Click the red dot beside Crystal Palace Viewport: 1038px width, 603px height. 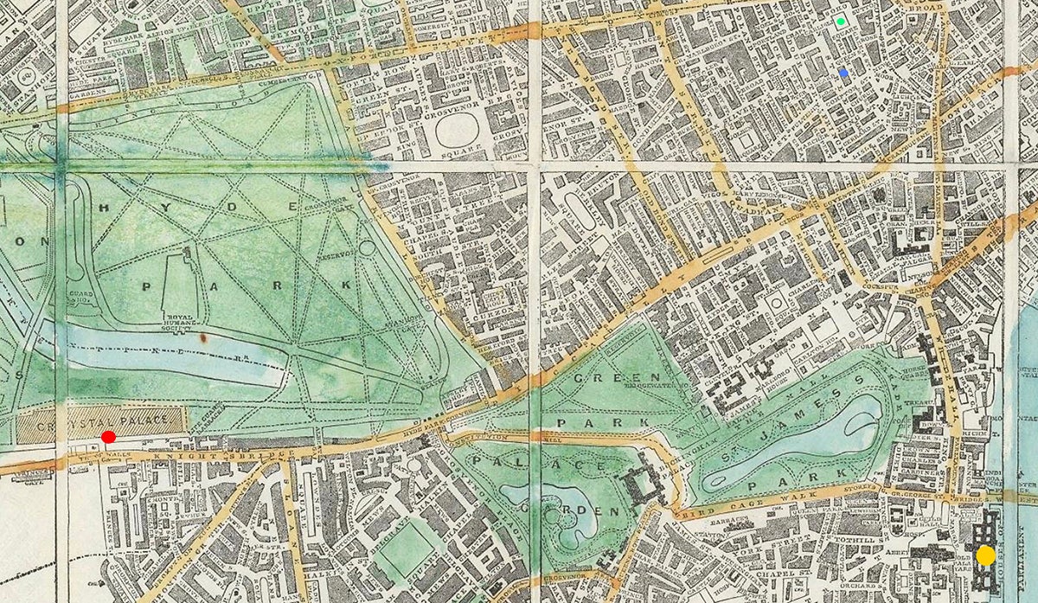(108, 437)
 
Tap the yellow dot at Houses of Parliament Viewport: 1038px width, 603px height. (984, 555)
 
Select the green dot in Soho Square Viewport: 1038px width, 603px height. (841, 22)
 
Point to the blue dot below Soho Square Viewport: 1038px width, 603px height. (844, 74)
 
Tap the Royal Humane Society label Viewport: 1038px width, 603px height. (186, 319)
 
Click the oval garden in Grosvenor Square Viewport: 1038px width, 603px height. (458, 131)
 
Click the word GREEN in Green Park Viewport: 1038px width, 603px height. (605, 379)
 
